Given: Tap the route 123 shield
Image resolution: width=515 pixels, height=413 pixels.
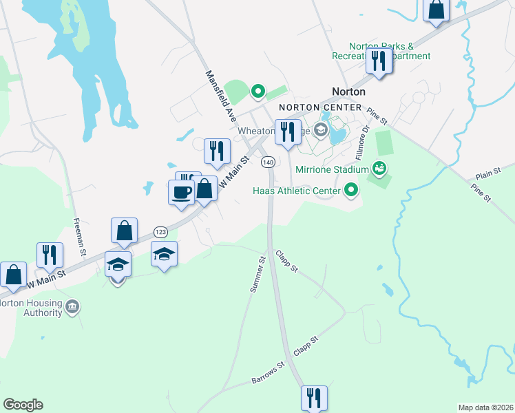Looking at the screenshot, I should [160, 231].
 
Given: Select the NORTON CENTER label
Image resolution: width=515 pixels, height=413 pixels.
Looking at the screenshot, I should [320, 107].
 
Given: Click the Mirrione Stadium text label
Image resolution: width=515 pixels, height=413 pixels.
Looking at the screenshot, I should [333, 169].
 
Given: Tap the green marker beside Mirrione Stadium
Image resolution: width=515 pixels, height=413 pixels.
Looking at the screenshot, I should [379, 167].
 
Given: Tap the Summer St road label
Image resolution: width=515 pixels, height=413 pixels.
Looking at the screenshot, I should [258, 275].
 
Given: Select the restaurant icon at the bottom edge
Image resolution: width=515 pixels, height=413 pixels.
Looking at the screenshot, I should [313, 396].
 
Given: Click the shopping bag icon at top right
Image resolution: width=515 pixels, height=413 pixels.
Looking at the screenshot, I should [437, 9].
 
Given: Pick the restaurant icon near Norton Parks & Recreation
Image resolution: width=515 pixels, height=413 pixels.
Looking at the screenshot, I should [379, 61].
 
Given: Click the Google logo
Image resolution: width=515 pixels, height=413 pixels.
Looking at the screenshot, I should [23, 405].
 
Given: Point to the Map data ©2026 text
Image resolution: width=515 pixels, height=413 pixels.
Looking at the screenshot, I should [486, 407].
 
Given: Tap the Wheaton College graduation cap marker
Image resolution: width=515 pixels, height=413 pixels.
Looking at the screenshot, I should [320, 129].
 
